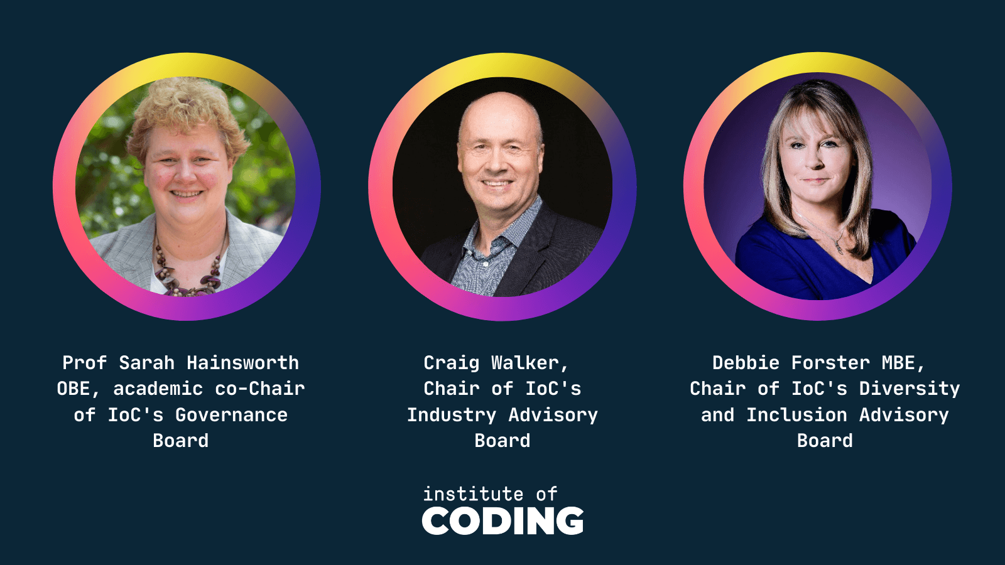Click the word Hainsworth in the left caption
tap(242, 363)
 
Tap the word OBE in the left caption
tap(73, 389)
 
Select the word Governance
tap(232, 415)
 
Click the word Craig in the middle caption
tap(452, 363)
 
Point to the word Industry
tap(452, 415)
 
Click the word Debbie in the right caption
tap(746, 363)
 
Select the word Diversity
tap(910, 389)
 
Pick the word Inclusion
tap(797, 415)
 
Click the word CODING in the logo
tap(503, 520)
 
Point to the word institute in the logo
tap(474, 493)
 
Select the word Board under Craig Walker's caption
tap(503, 441)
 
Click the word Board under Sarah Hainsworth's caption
tap(181, 441)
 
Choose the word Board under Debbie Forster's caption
tap(825, 441)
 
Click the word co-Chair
tap(260, 389)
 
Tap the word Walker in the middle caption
tap(530, 363)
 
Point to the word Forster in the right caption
tap(830, 363)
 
